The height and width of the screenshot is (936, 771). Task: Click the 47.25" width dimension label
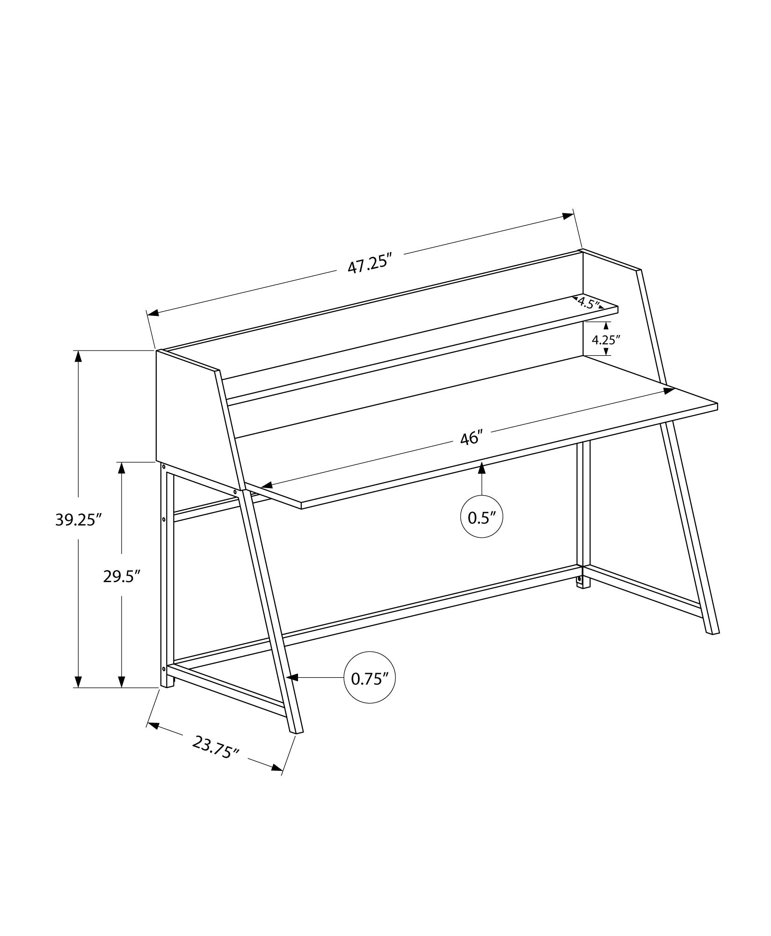(369, 265)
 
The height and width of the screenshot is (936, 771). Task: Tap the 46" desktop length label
(471, 439)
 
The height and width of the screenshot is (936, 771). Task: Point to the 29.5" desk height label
(122, 577)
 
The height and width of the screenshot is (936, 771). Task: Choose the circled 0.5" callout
(481, 517)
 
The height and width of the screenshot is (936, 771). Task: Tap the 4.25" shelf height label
(606, 339)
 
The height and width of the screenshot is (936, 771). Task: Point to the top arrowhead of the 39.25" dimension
(78, 357)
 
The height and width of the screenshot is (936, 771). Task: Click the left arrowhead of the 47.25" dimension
(153, 313)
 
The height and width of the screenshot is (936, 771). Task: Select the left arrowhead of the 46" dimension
(266, 485)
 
